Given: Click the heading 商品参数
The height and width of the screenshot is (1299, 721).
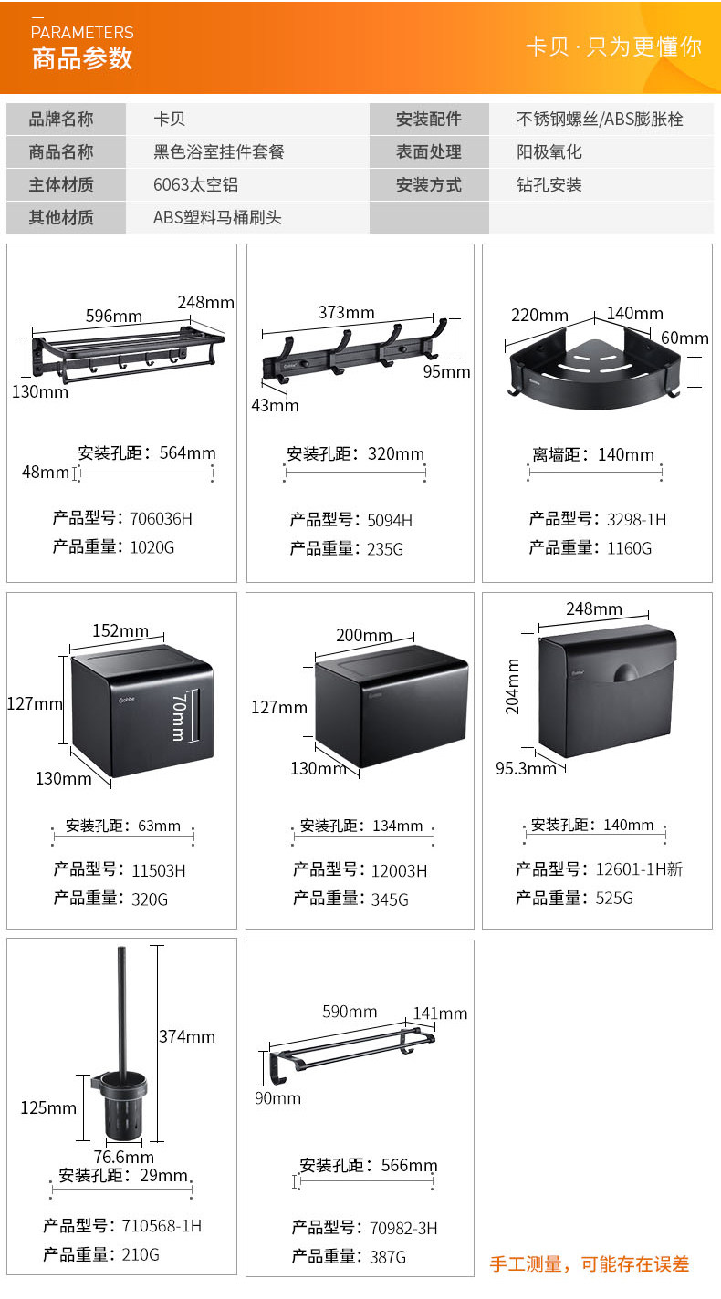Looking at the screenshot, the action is [x=82, y=58].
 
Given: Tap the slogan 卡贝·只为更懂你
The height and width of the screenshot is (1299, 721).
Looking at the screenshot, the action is [x=613, y=47].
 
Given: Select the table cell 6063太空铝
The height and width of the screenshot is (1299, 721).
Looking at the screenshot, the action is [x=195, y=185].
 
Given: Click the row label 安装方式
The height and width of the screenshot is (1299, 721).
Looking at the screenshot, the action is [x=428, y=185].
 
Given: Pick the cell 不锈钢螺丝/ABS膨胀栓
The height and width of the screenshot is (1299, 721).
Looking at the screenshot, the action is [x=600, y=120].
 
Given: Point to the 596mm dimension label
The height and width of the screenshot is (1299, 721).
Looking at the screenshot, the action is [x=114, y=317].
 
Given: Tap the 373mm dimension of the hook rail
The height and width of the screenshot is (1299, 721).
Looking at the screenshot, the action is [x=346, y=312].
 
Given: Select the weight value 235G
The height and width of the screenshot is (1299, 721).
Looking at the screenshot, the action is [x=384, y=549].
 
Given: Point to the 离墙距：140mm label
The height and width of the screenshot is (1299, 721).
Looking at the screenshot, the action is [x=593, y=455].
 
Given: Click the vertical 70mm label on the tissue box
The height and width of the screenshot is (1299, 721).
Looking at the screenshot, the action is [x=179, y=716].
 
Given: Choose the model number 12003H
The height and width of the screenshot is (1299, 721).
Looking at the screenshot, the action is [x=399, y=871].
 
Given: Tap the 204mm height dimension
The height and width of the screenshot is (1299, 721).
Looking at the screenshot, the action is [x=513, y=686].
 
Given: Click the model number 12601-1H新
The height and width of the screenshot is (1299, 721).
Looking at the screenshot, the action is [x=639, y=869].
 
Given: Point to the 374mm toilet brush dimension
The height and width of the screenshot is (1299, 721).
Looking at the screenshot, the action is [x=187, y=1036].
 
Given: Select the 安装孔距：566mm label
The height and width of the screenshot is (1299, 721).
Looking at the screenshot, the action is [x=369, y=1166].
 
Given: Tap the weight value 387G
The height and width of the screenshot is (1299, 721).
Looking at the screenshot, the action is [x=388, y=1257].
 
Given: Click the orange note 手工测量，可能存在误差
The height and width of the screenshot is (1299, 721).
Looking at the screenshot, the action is [x=590, y=1264].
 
